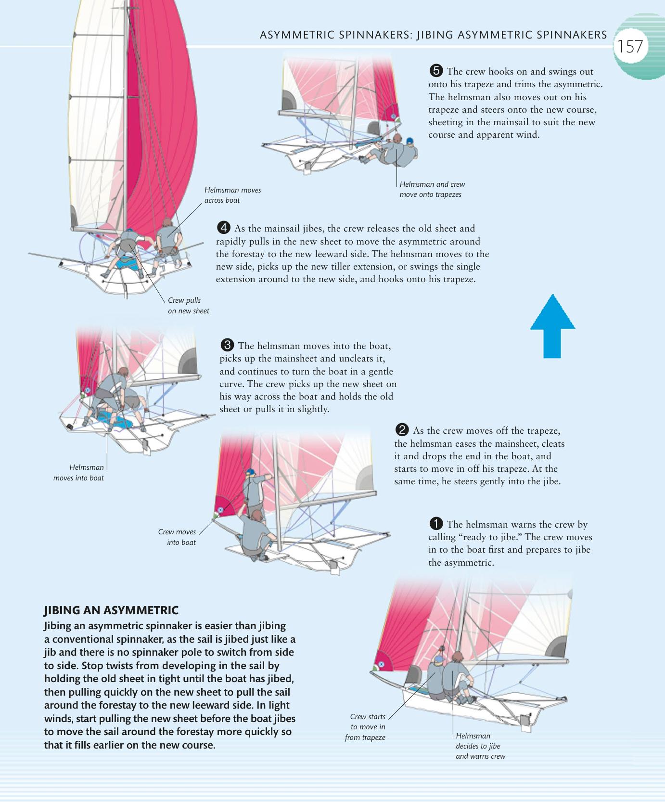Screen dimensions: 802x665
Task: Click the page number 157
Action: (630, 47)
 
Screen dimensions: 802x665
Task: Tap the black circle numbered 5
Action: (435, 71)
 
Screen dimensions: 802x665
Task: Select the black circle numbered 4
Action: (224, 228)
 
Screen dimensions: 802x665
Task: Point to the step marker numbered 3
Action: (227, 345)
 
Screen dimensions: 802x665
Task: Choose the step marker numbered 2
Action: (402, 430)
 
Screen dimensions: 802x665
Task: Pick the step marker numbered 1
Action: (435, 524)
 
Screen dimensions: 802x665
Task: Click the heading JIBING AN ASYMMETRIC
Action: (111, 610)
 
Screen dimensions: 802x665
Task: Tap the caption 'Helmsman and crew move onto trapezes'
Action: (432, 189)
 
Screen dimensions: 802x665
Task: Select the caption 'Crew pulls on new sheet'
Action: (188, 305)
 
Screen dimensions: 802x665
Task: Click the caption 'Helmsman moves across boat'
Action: (232, 195)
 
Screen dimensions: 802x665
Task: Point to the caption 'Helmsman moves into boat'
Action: (79, 472)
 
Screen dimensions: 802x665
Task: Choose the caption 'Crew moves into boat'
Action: (177, 537)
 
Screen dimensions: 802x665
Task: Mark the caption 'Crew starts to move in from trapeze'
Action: (366, 727)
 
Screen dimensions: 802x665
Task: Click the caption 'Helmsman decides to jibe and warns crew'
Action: (480, 746)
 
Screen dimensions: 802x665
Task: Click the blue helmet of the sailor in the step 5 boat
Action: (409, 141)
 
